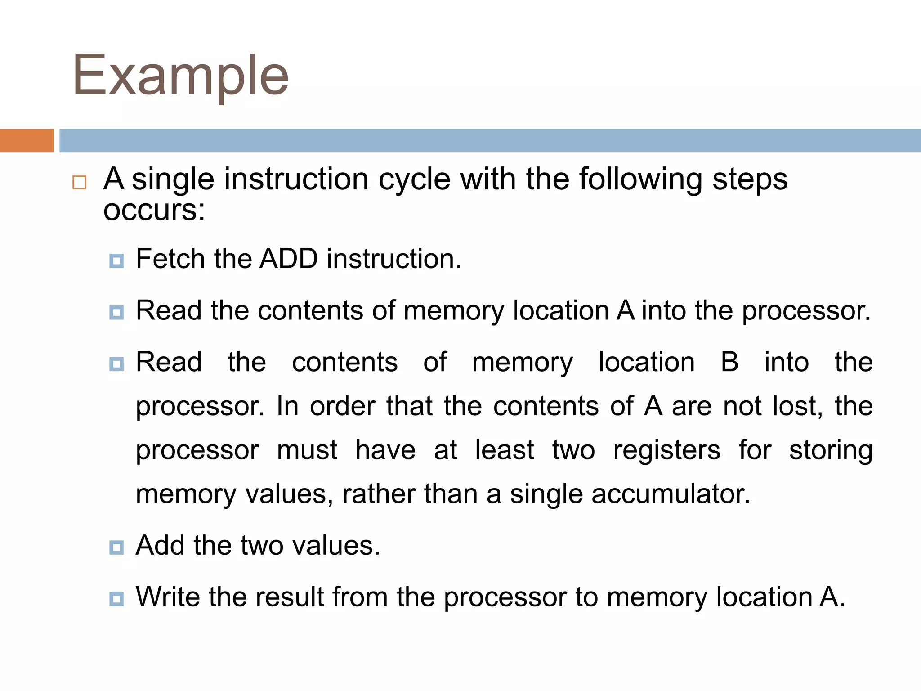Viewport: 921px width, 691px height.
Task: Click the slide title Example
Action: tap(180, 76)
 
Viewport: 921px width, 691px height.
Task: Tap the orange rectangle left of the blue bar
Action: tap(27, 140)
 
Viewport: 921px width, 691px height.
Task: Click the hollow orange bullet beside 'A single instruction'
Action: tap(79, 183)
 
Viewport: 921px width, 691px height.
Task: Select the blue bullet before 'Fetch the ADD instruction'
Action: tap(116, 261)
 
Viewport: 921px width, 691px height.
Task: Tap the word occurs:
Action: tap(154, 210)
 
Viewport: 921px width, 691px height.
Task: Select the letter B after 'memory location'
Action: tap(729, 362)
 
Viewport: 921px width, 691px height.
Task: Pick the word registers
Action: tap(666, 450)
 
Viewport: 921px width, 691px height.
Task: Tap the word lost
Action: tap(797, 406)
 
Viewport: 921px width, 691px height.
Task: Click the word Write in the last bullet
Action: tap(167, 597)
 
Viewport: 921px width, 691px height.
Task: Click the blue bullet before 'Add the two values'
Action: tap(116, 547)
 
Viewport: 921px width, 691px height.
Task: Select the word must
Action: tap(307, 450)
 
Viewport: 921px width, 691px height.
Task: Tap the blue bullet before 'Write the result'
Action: tap(116, 599)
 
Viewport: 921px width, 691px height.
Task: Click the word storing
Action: tap(831, 450)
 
